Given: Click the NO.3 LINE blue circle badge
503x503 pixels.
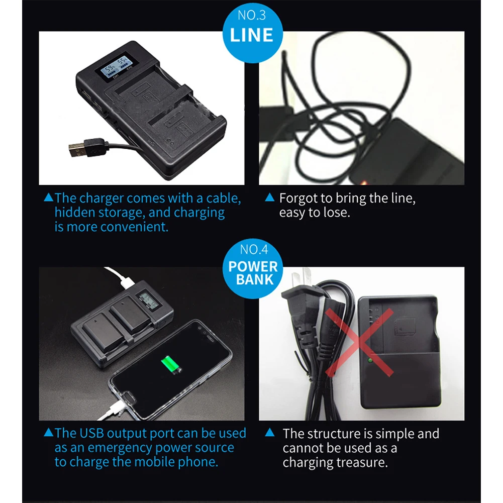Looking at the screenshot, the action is [252, 32].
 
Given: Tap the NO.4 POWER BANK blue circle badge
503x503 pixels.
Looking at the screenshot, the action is [252, 268].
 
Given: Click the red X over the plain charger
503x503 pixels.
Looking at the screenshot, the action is [359, 342].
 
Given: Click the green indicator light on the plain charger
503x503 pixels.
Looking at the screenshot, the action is [370, 361].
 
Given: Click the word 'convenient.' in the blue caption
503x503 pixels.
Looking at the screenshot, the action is [134, 227].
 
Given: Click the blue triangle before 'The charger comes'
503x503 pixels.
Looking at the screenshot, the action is [48, 197].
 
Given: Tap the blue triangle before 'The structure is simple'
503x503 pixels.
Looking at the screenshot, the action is [270, 433].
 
